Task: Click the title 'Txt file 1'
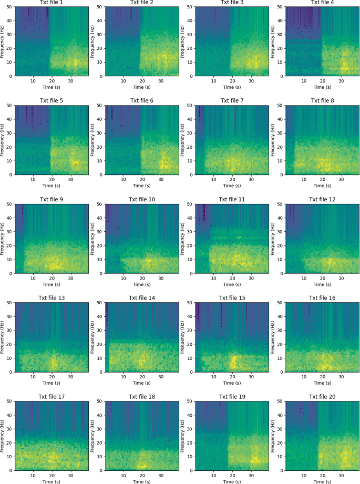pyautogui.click(x=52, y=3)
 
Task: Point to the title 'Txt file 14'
pyautogui.click(x=142, y=297)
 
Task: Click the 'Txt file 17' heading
pyautogui.click(x=52, y=396)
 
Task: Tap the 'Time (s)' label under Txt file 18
pyautogui.click(x=142, y=480)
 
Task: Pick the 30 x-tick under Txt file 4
pyautogui.click(x=342, y=80)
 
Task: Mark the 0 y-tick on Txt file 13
pyautogui.click(x=12, y=372)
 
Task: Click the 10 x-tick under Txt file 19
pyautogui.click(x=214, y=473)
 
